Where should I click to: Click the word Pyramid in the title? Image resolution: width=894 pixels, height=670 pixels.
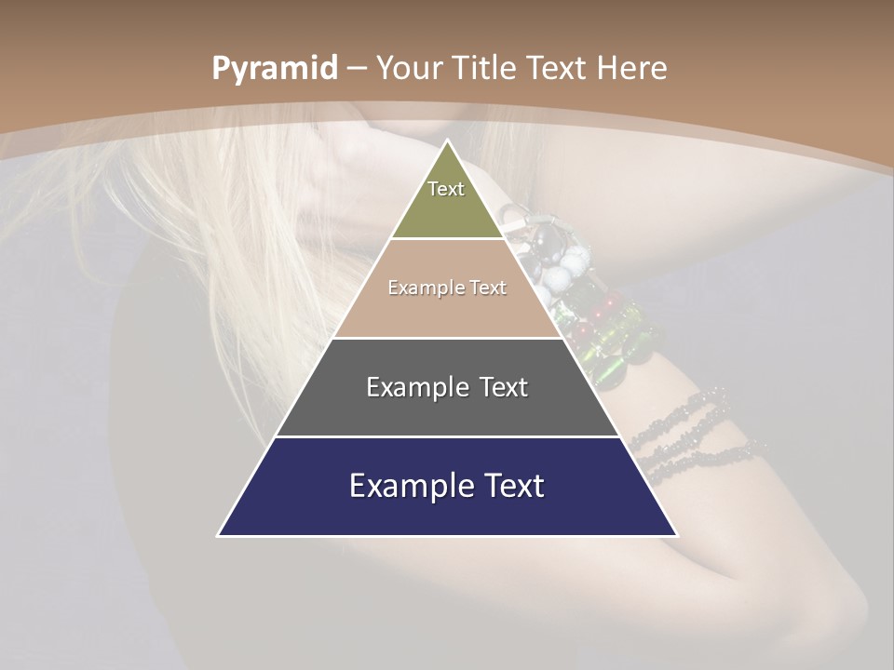pyautogui.click(x=274, y=69)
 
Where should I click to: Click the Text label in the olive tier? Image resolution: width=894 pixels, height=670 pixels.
pyautogui.click(x=446, y=189)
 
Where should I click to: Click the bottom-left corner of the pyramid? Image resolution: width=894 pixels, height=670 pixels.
pyautogui.click(x=219, y=535)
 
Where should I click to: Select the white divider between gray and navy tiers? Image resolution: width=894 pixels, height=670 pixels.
pyautogui.click(x=447, y=436)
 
